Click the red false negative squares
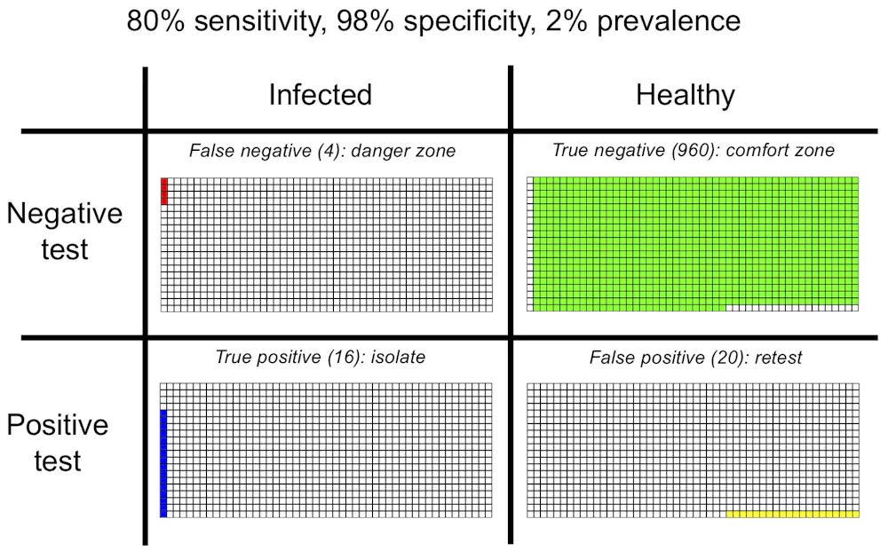(x=164, y=191)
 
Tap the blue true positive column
(x=163, y=462)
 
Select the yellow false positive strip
(x=792, y=514)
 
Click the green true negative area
(x=693, y=240)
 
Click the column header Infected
(x=320, y=95)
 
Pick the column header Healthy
(x=685, y=95)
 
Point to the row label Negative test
(x=64, y=231)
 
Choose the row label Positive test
(x=58, y=442)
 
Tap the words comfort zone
(x=781, y=151)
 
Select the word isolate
(x=398, y=358)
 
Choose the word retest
(x=777, y=358)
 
